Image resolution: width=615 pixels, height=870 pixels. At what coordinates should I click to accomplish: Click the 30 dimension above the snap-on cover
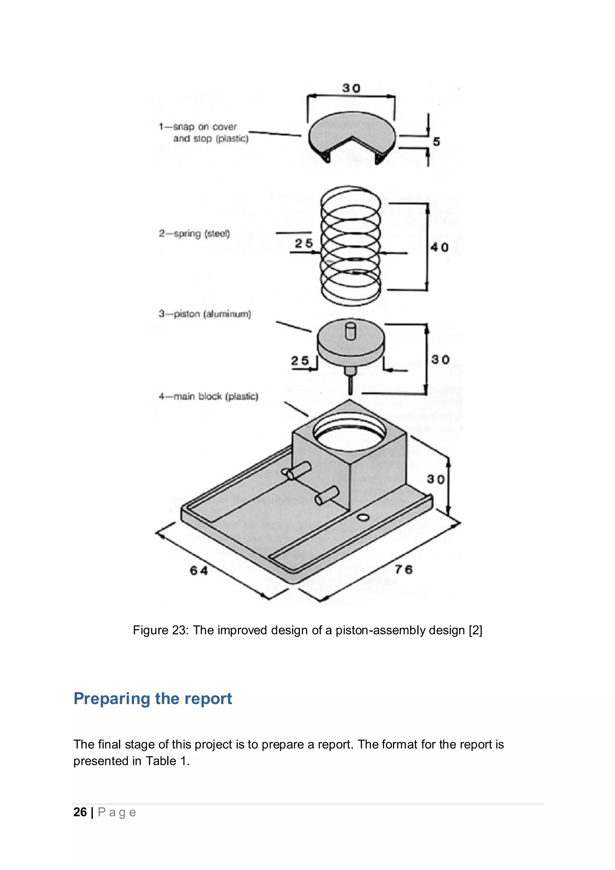(351, 88)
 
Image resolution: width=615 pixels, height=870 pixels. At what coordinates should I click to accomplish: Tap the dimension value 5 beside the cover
(436, 142)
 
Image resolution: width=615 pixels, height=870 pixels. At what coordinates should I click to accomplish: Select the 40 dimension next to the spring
(439, 248)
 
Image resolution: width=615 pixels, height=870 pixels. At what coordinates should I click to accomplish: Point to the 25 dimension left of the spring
(304, 243)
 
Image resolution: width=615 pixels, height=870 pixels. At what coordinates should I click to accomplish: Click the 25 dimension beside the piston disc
(300, 360)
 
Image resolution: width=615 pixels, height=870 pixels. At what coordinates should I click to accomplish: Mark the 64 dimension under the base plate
(199, 570)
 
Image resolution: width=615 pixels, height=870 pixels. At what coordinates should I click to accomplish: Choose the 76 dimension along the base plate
(403, 569)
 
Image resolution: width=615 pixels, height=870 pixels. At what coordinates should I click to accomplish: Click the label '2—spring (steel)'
(194, 233)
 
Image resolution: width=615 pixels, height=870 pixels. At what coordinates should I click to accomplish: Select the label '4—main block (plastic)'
(208, 396)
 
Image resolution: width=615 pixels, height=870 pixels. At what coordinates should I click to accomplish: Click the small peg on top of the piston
(351, 331)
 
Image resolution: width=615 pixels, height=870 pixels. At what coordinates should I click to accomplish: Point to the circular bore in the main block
(350, 434)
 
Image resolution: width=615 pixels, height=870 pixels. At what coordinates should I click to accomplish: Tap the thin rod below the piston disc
(350, 383)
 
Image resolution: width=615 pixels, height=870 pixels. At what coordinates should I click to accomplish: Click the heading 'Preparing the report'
(153, 698)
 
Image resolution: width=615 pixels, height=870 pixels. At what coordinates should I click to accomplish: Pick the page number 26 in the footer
(80, 812)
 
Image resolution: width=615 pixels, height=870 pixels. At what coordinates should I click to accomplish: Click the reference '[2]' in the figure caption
(475, 630)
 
